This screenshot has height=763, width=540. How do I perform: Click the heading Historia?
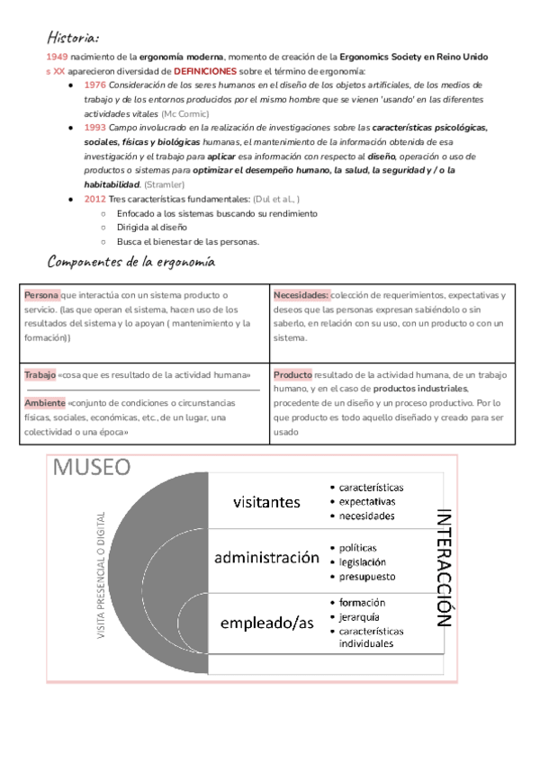[x=73, y=39]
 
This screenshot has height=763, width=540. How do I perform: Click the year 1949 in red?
[x=56, y=57]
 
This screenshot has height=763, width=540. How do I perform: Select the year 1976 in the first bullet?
[x=94, y=84]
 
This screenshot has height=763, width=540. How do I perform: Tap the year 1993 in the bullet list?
[x=94, y=128]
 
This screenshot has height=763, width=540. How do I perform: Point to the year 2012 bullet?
[x=94, y=199]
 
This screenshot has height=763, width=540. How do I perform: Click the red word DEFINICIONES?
[x=205, y=70]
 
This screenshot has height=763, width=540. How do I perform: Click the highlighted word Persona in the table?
[x=42, y=295]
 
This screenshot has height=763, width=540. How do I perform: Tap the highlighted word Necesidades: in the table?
[x=301, y=295]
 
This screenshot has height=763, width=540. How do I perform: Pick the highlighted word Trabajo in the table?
[x=40, y=374]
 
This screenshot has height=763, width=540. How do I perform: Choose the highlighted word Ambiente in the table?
[x=45, y=403]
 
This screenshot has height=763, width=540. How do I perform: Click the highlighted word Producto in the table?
[x=293, y=374]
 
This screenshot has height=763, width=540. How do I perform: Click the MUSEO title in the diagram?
[x=92, y=468]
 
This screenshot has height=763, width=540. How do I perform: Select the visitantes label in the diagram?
[x=266, y=501]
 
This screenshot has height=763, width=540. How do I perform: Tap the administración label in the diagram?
[x=266, y=558]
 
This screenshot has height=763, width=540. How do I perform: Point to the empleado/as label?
[x=266, y=622]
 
